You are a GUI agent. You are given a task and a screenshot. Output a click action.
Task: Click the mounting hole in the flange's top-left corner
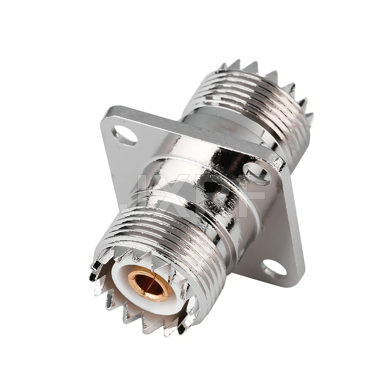pyautogui.click(x=124, y=134)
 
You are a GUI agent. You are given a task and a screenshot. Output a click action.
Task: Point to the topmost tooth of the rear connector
pyautogui.click(x=250, y=66)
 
